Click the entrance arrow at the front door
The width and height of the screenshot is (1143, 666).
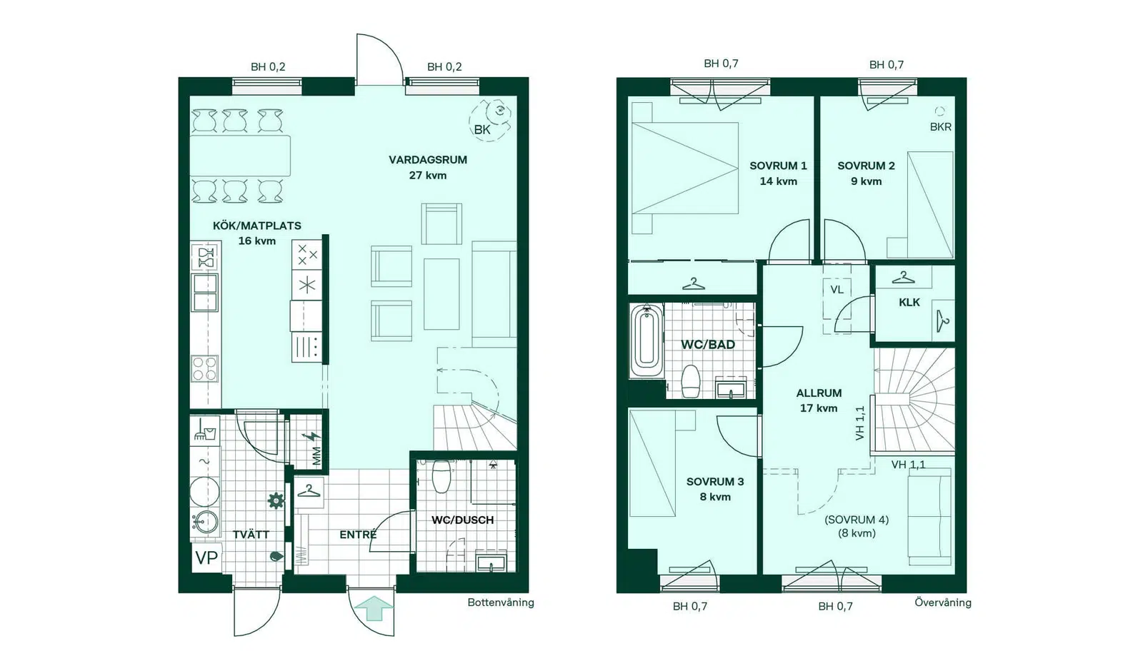374,608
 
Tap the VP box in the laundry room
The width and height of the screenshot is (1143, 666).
206,558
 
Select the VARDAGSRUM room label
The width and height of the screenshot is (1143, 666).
428,160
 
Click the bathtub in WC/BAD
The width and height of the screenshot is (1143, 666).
647,341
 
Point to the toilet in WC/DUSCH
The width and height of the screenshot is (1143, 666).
441,476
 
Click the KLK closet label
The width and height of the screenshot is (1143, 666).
909,303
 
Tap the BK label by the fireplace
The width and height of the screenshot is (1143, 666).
481,129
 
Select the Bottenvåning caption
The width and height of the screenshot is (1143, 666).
501,602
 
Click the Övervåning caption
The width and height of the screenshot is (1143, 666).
942,602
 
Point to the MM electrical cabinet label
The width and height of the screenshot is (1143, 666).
316,456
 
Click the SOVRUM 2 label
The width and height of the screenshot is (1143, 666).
866,166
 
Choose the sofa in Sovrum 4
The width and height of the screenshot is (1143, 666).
929,517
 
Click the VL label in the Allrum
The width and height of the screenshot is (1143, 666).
837,290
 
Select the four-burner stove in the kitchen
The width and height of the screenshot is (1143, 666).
204,369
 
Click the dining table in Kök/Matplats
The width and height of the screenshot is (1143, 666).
240,156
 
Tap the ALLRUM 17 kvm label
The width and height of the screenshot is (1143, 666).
819,400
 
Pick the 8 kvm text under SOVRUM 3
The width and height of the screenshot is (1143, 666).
715,497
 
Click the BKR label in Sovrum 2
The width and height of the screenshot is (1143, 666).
940,127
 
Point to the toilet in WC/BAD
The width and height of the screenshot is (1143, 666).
690,381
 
